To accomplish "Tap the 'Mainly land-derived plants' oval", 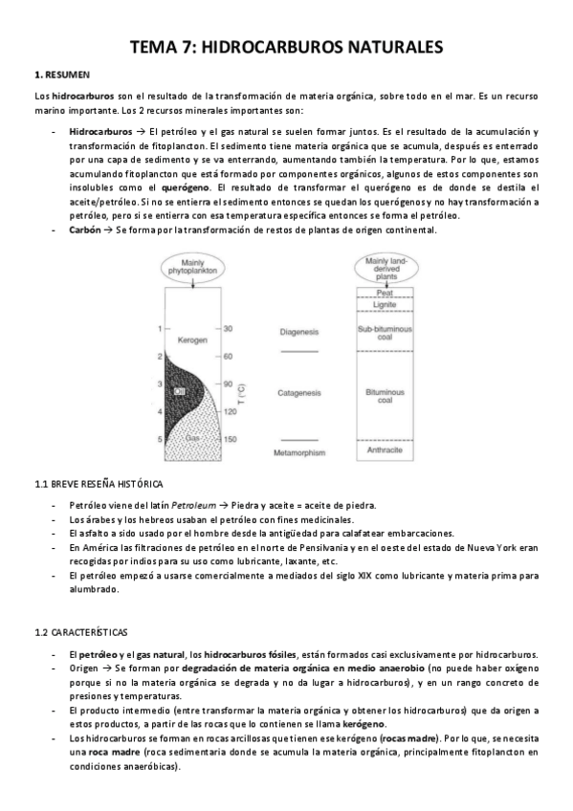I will pyautogui.click(x=387, y=266).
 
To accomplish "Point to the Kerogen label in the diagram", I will pyautogui.click(x=192, y=340).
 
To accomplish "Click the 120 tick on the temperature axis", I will pyautogui.click(x=230, y=412).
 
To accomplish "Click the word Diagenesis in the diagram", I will pyautogui.click(x=299, y=332).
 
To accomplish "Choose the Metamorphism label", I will pyautogui.click(x=299, y=451).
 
